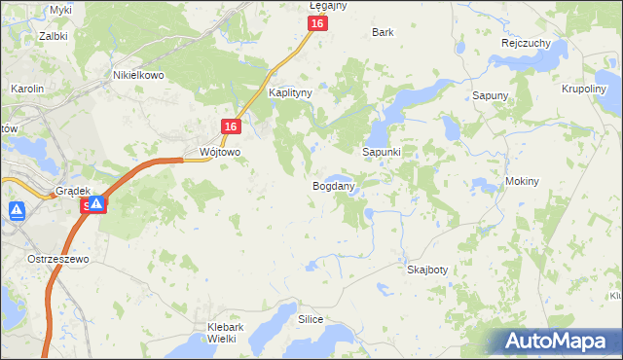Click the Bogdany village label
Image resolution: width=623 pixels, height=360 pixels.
tap(333, 185)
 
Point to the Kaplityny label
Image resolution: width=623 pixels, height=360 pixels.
tap(290, 93)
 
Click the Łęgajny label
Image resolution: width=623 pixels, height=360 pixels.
tap(328, 6)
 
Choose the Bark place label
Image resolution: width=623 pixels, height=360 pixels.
tap(383, 32)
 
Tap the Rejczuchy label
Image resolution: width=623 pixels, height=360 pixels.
tap(527, 44)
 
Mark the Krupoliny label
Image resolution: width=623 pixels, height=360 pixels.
tap(585, 88)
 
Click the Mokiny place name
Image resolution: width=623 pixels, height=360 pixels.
tap(522, 182)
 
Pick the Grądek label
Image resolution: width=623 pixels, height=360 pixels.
tap(73, 191)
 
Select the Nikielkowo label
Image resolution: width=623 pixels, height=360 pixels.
tap(139, 75)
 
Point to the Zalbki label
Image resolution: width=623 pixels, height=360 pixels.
tap(53, 36)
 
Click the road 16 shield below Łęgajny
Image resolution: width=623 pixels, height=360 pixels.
tap(317, 23)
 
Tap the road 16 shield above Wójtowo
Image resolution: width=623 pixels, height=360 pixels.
tap(230, 127)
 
